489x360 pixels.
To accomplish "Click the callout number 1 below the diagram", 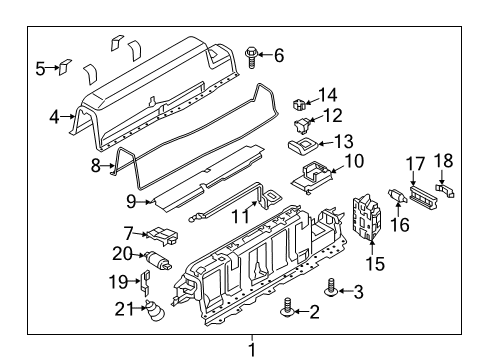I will (252, 349).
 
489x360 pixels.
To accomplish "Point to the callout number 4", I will (54, 115).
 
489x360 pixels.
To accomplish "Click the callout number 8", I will (95, 167).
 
